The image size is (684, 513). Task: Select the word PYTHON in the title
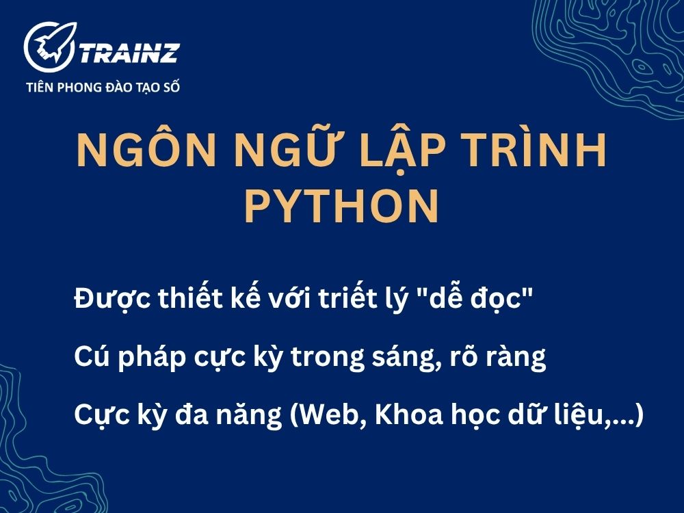341,206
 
